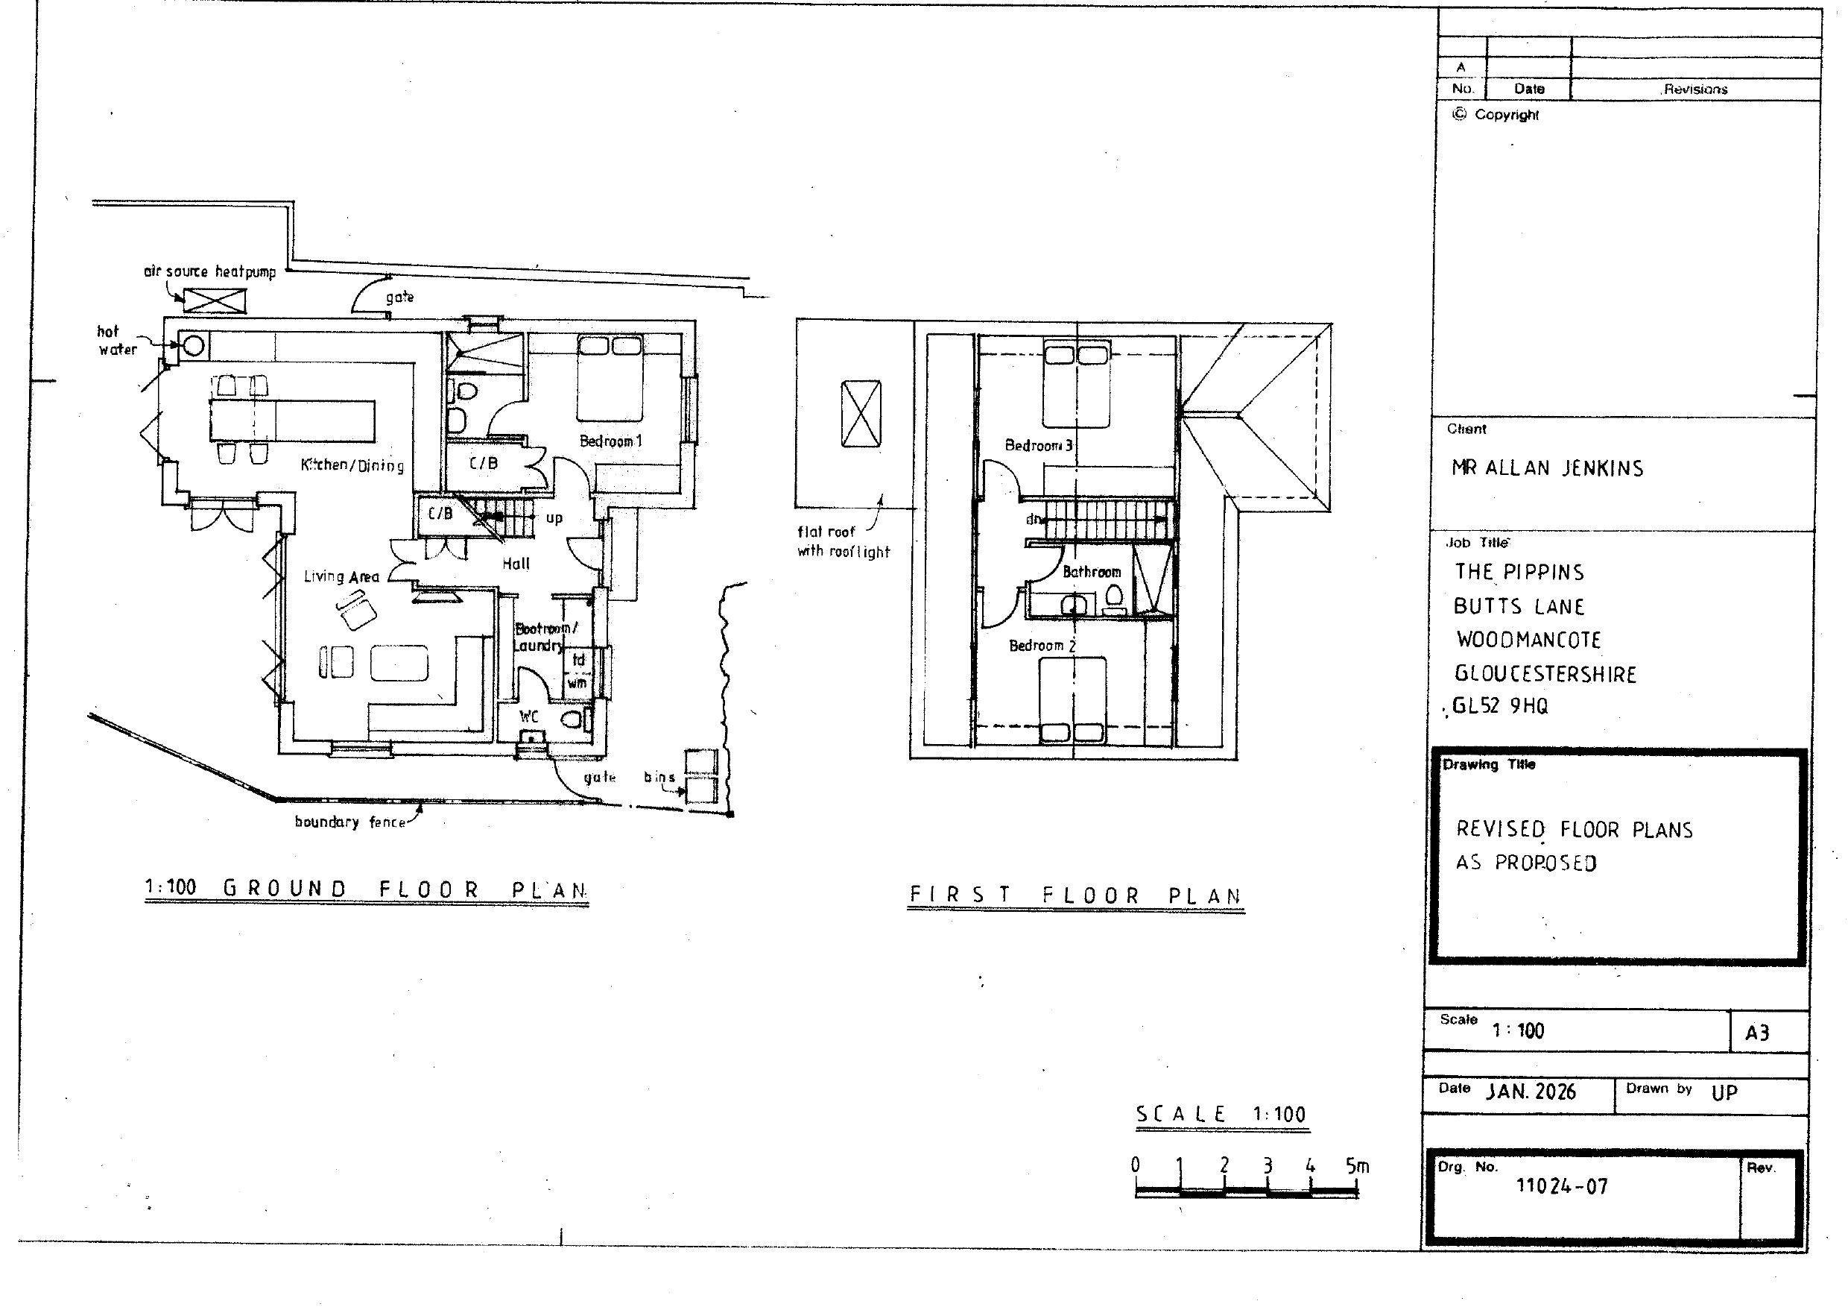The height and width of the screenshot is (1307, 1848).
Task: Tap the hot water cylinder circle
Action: [194, 346]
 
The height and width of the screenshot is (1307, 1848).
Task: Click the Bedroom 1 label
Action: [611, 441]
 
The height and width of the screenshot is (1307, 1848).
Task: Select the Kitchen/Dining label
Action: [352, 464]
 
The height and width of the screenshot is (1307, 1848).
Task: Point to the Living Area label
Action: [341, 576]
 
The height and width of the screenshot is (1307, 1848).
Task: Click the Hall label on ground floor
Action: [516, 564]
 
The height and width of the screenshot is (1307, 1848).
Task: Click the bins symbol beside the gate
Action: [700, 775]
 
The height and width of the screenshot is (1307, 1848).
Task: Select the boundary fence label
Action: [349, 822]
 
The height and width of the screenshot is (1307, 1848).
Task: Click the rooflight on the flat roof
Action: [861, 414]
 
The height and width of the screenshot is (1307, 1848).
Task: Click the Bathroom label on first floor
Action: [1092, 572]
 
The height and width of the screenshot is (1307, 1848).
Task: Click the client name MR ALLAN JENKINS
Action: [1547, 468]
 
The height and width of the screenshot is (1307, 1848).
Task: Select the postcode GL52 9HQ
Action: [1499, 706]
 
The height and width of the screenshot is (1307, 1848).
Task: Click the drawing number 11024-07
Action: [1561, 1186]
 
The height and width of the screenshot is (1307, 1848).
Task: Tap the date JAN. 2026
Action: [1530, 1092]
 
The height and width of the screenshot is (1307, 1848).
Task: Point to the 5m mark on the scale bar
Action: [1357, 1166]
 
